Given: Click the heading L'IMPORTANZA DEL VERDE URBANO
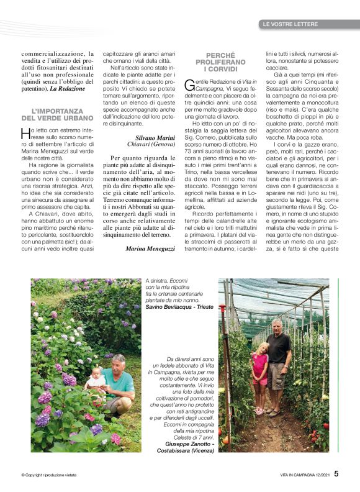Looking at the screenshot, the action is pyautogui.click(x=52, y=114).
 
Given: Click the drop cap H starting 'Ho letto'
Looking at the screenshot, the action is pyautogui.click(x=25, y=133).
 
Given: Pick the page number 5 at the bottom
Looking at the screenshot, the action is pyautogui.click(x=336, y=473).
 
